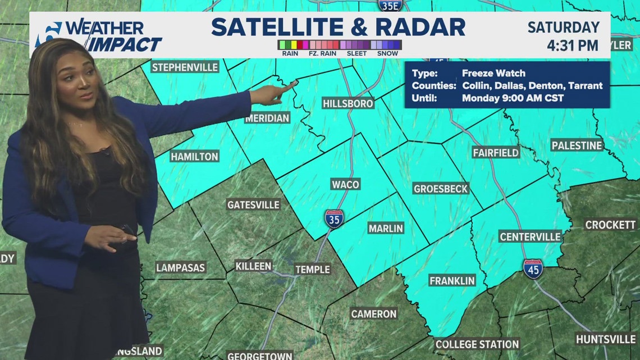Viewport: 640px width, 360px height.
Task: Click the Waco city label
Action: click(x=345, y=185)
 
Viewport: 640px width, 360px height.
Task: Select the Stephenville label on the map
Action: click(x=185, y=67)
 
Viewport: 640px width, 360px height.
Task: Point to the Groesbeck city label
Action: click(x=441, y=189)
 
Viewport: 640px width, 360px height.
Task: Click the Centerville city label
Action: click(x=530, y=237)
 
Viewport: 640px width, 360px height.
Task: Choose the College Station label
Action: click(x=477, y=344)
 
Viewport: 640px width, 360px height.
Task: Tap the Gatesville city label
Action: click(x=253, y=204)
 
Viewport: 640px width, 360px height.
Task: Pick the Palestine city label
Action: click(x=577, y=145)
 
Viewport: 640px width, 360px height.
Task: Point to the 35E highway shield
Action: click(x=389, y=6)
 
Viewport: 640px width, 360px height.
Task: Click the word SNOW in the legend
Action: click(x=387, y=53)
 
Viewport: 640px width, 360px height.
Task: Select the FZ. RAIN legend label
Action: click(x=322, y=53)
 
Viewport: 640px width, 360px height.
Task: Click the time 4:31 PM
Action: click(x=572, y=45)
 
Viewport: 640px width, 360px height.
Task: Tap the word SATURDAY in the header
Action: click(x=564, y=27)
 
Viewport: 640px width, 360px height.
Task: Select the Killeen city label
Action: click(x=253, y=266)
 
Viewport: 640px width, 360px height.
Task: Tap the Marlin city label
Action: click(x=386, y=228)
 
